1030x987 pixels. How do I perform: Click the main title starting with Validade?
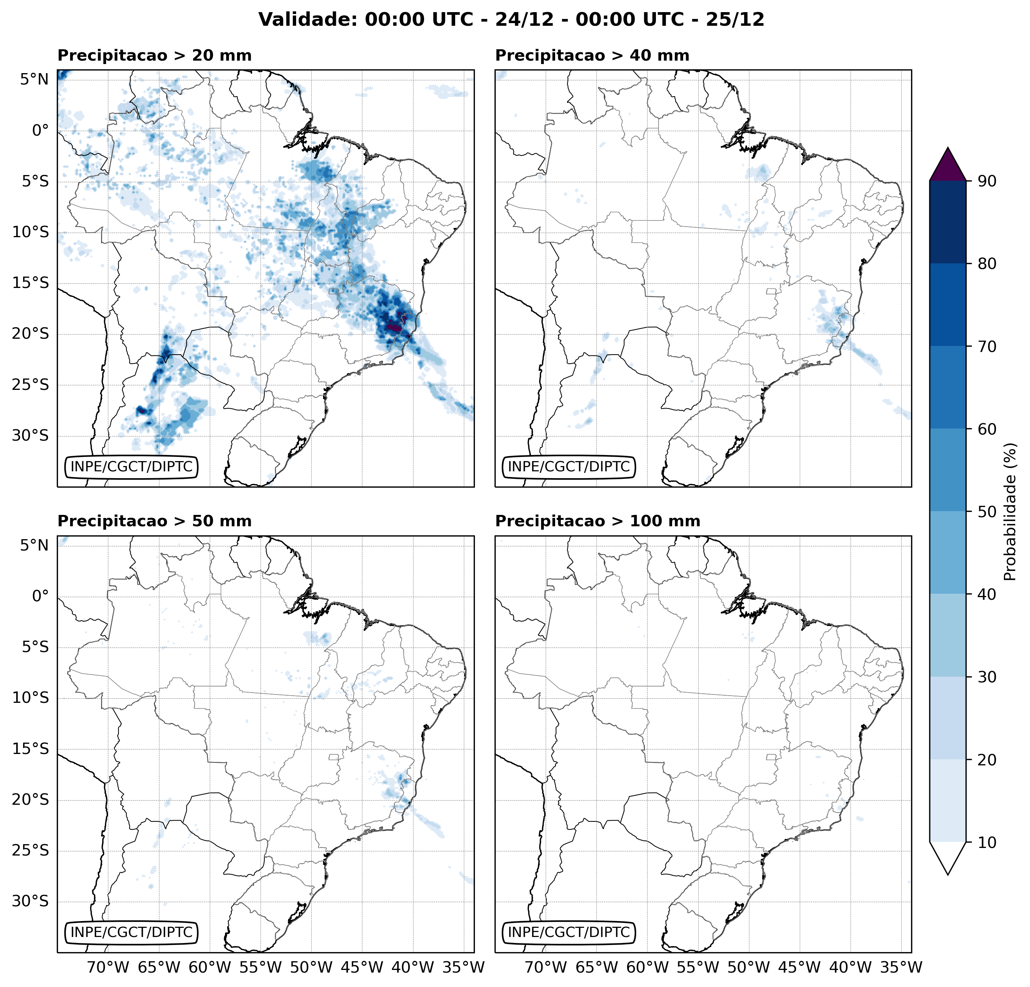(511, 19)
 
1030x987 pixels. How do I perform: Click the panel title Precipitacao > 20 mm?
(154, 55)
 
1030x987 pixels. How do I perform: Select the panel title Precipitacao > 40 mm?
(592, 55)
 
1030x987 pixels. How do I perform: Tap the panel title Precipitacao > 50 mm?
(154, 521)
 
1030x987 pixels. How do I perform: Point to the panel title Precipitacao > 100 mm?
(598, 521)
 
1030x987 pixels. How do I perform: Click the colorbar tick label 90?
(986, 181)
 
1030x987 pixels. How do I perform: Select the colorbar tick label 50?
(986, 511)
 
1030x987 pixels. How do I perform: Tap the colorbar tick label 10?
(986, 842)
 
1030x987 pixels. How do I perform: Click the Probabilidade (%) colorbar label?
(1010, 511)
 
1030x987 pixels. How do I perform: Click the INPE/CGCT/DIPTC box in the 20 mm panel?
(131, 466)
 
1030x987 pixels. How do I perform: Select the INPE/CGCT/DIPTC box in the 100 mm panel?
(569, 932)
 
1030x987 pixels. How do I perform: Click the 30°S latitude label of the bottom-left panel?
(30, 901)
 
